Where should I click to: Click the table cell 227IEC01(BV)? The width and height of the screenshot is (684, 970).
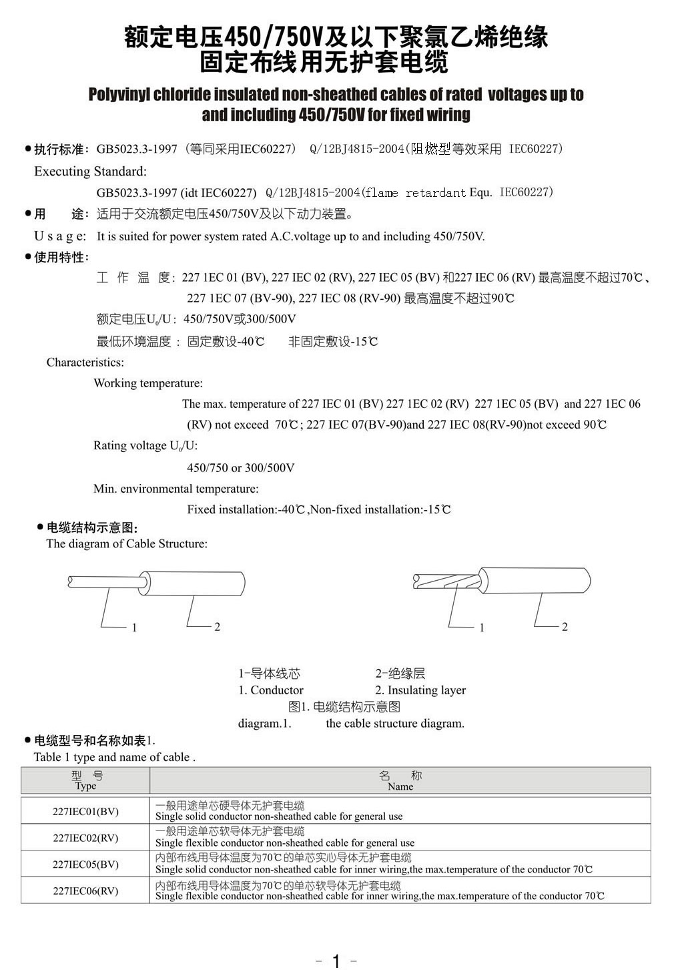85,811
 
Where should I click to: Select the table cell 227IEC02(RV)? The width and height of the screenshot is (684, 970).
85,837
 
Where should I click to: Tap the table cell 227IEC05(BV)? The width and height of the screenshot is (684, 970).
85,864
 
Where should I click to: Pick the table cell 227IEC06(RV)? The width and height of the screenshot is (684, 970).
85,891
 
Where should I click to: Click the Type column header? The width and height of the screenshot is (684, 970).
86,780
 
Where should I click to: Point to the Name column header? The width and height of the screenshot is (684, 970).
400,780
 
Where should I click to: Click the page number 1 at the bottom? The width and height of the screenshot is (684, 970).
336,961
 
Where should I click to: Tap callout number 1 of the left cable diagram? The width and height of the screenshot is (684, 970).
134,628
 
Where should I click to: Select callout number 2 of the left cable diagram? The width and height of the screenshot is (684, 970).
217,627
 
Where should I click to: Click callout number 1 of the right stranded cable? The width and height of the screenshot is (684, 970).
482,628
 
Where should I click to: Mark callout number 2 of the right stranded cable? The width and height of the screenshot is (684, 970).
565,627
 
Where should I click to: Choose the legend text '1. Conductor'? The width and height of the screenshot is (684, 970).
271,690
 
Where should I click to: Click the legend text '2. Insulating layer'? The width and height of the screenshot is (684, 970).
420,690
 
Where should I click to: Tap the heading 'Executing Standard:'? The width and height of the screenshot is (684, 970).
90,172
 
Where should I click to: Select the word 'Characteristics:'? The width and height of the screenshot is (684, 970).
85,362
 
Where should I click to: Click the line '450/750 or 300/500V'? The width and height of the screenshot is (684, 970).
240,467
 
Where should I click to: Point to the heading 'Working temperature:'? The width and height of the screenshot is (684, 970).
148,383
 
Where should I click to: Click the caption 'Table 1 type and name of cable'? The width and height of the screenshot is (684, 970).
113,757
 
